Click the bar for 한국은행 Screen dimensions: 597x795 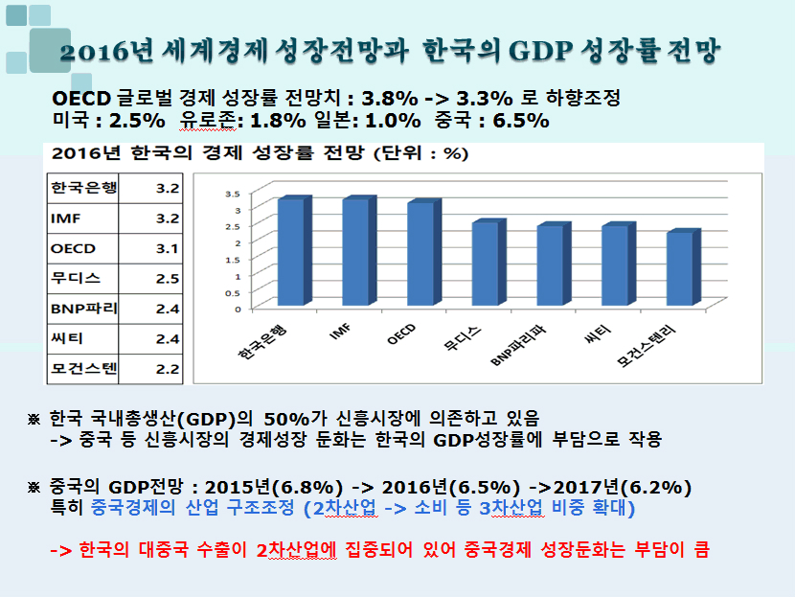coord(290,254)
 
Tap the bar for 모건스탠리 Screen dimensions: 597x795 coord(679,270)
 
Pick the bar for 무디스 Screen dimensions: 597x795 coord(485,265)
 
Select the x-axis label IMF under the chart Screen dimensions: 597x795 coord(338,333)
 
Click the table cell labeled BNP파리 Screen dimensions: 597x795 coord(81,309)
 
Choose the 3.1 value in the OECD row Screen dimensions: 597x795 coord(168,249)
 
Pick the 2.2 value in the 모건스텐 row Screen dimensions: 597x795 coord(168,368)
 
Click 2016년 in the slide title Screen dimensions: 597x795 coord(101,50)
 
